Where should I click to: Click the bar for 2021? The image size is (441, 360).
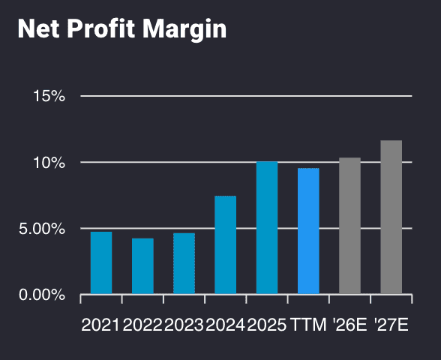click(x=101, y=262)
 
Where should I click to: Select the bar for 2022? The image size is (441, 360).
click(x=142, y=265)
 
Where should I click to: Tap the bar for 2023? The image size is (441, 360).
click(x=184, y=263)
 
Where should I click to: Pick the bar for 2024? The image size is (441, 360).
click(x=226, y=244)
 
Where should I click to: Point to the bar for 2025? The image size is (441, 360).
click(x=267, y=227)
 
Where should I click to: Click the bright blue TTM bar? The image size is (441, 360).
click(x=308, y=231)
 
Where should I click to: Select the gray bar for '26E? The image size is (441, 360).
click(x=349, y=226)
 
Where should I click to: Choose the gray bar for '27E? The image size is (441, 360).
click(x=391, y=217)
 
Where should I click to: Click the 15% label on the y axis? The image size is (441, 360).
click(x=49, y=96)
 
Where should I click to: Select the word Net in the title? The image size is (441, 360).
click(x=35, y=30)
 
